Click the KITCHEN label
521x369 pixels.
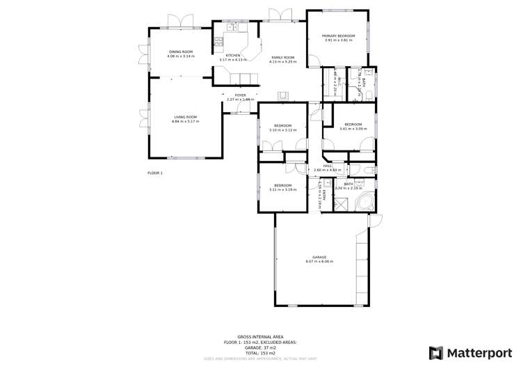(x=233, y=55)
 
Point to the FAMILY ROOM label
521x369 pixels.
(x=282, y=57)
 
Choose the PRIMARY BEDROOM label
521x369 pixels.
(x=338, y=36)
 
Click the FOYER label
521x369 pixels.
(x=240, y=95)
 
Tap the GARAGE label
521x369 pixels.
(x=319, y=257)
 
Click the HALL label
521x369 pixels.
(x=326, y=166)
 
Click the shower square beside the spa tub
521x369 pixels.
(x=342, y=204)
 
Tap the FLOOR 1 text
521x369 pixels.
(x=154, y=173)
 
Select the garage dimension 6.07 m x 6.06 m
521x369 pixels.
(x=319, y=262)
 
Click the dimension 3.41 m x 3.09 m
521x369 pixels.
(x=353, y=129)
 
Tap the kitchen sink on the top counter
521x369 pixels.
(x=233, y=27)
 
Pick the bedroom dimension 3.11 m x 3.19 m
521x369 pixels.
(x=282, y=189)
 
